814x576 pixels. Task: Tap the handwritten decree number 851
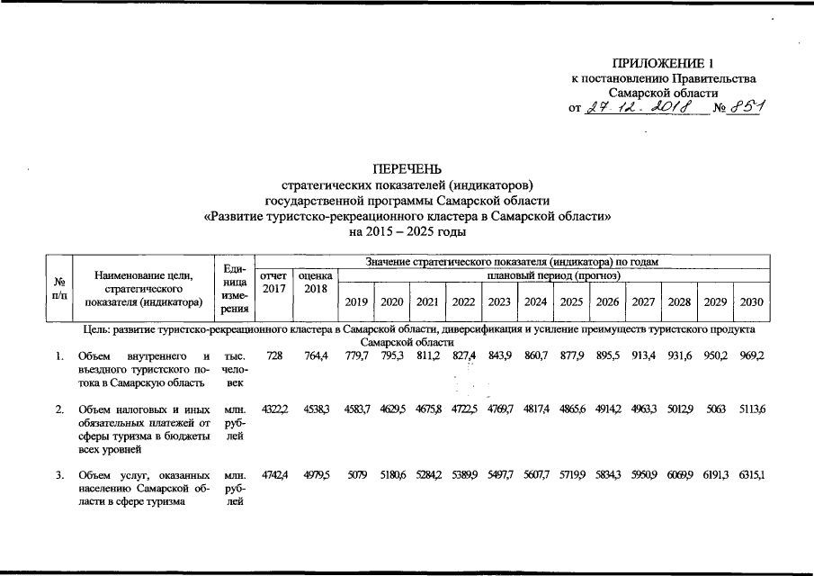point(747,109)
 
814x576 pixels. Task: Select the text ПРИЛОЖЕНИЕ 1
point(663,63)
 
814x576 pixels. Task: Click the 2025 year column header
point(571,302)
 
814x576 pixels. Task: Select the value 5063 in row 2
point(715,410)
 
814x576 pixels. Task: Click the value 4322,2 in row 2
point(273,410)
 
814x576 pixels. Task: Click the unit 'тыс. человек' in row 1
point(234,369)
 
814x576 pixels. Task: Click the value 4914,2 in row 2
point(607,410)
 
